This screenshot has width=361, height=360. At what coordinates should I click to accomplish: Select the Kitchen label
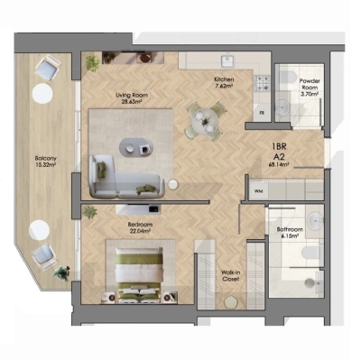(224, 79)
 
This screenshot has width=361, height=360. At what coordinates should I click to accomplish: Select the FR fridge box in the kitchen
(261, 113)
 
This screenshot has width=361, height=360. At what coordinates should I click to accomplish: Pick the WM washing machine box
(258, 191)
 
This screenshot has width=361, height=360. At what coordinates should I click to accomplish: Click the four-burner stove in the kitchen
(264, 83)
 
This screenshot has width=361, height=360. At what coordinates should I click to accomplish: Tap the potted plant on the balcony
(60, 271)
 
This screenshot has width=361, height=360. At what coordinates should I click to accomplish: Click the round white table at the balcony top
(41, 92)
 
